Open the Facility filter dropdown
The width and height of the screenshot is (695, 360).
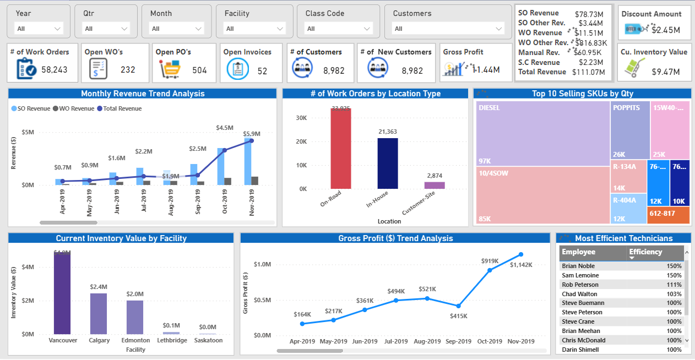pyautogui.click(x=253, y=29)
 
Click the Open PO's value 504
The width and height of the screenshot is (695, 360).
pyautogui.click(x=199, y=70)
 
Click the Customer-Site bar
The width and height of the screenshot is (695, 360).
pyautogui.click(x=434, y=185)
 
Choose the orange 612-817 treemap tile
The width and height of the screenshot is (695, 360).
pyautogui.click(x=668, y=215)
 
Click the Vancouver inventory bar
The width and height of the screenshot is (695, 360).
pyautogui.click(x=62, y=292)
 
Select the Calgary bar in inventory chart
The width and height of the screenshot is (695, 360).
pyautogui.click(x=99, y=313)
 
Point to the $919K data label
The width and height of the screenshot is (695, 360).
pyautogui.click(x=490, y=260)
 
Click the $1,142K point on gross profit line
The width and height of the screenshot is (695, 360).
pyautogui.click(x=521, y=254)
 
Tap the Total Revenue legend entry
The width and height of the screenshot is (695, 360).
pyautogui.click(x=119, y=108)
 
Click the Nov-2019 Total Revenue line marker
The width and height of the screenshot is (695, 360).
pyautogui.click(x=252, y=140)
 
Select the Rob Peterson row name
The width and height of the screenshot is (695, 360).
pyautogui.click(x=578, y=285)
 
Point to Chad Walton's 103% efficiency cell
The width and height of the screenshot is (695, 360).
pyautogui.click(x=674, y=294)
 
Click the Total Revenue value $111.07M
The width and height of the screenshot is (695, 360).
pyautogui.click(x=590, y=72)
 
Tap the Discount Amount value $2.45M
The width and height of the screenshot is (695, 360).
pyautogui.click(x=665, y=30)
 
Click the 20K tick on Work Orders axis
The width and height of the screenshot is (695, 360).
pyautogui.click(x=301, y=141)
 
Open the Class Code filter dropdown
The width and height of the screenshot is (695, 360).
pyautogui.click(x=339, y=29)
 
